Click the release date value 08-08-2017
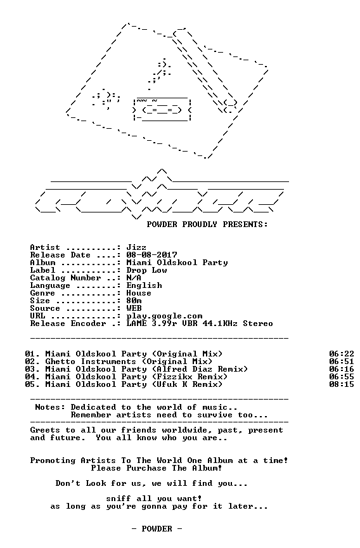click(x=151, y=255)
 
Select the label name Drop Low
click(x=146, y=270)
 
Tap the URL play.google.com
click(x=164, y=316)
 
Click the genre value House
click(x=139, y=293)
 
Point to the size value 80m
click(x=134, y=301)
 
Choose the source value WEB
click(x=134, y=308)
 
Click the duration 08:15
click(x=342, y=384)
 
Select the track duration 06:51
click(x=342, y=362)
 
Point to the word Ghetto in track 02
click(x=60, y=362)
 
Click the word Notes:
click(x=50, y=407)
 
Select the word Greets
click(x=45, y=430)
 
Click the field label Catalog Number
click(x=65, y=278)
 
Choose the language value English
click(x=145, y=285)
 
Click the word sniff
click(x=119, y=499)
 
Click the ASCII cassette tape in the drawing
click(x=162, y=109)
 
